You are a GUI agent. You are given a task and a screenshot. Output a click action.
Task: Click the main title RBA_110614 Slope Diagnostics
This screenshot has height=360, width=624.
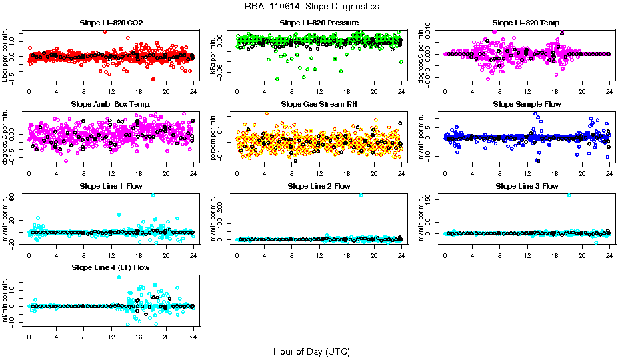[312, 7]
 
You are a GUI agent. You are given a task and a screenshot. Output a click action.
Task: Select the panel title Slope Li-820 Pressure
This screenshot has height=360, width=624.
[319, 23]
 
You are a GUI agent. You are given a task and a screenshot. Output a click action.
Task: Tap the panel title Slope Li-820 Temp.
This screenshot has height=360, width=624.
[527, 23]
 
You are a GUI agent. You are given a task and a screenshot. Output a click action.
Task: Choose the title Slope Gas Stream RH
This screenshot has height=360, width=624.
[319, 105]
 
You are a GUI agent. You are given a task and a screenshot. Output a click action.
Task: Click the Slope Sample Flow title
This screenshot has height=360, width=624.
[527, 105]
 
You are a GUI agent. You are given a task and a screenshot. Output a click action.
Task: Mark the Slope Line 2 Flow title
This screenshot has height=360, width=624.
[319, 186]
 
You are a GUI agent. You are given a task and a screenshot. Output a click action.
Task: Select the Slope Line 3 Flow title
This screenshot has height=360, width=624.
[527, 186]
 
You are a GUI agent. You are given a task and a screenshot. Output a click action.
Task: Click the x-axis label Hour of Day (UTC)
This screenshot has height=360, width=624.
[311, 351]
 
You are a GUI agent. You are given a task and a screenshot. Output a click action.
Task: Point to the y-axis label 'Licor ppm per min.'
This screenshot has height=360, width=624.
[6, 56]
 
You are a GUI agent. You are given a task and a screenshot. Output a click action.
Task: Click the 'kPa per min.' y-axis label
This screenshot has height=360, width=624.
[214, 56]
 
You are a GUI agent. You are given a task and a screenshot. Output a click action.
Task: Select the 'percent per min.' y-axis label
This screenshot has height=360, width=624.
[214, 137]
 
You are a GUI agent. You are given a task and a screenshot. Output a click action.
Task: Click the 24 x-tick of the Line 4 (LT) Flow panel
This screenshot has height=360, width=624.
[193, 329]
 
